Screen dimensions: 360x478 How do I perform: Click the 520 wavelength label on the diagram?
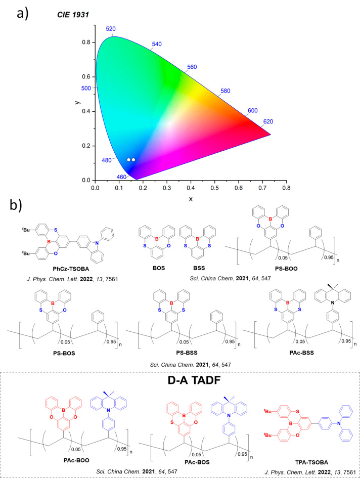coord(111,29)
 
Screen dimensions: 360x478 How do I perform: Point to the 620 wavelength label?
coord(268,121)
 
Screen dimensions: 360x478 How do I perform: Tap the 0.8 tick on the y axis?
coord(86,42)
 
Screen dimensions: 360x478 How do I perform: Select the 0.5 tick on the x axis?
coord(214,188)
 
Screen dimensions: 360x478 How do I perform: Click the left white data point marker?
coord(128,160)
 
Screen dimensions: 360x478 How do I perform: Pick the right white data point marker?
coord(133,160)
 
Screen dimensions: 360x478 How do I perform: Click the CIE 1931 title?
coord(73,15)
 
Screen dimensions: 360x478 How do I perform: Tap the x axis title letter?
coord(191,199)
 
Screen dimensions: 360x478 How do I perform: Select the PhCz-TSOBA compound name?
coord(71,269)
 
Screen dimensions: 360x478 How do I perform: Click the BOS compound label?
coord(159,268)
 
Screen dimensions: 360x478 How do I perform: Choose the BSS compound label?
coord(199,268)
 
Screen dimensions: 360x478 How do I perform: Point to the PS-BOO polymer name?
coord(286,269)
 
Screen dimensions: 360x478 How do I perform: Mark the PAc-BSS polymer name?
coord(301,353)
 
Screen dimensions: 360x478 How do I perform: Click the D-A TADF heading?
coord(194,380)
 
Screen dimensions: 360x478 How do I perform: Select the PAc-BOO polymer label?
coord(76,460)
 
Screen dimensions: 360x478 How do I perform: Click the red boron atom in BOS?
coord(157,239)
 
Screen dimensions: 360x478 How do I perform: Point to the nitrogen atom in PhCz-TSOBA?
coord(97,243)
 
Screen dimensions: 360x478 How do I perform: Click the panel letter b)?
coord(16,205)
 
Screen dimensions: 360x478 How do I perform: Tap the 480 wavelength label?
coord(107,160)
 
